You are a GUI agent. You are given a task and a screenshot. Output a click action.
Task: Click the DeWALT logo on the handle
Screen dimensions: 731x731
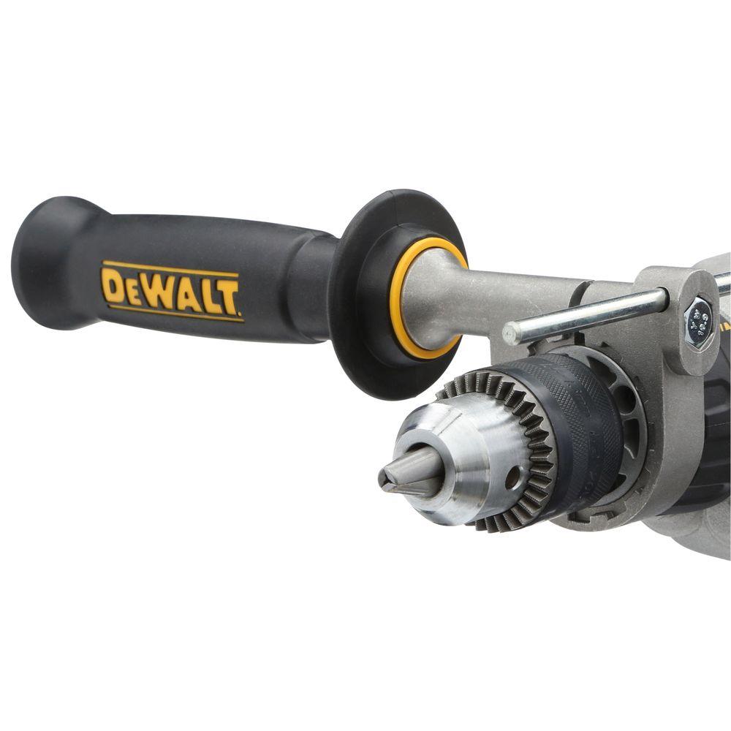[x=172, y=291]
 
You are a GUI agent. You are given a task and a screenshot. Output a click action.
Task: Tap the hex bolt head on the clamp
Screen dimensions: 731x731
[x=698, y=316]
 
